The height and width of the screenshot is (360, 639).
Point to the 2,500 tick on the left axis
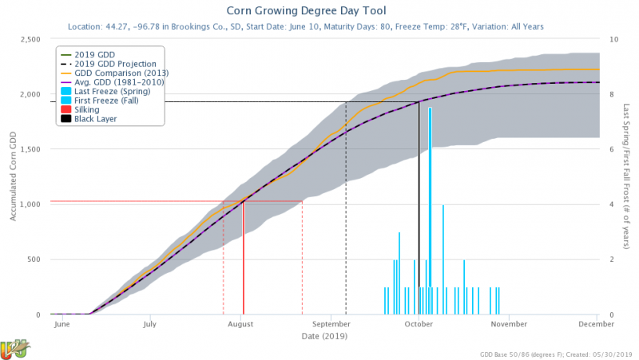tap(28, 39)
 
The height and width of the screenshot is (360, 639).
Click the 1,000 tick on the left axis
tap(28, 204)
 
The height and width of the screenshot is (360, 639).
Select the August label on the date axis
tap(240, 325)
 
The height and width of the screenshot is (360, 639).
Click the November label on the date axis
tap(507, 325)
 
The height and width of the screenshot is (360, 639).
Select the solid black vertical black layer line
tap(419, 208)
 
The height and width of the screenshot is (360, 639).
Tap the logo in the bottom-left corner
tap(14, 348)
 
